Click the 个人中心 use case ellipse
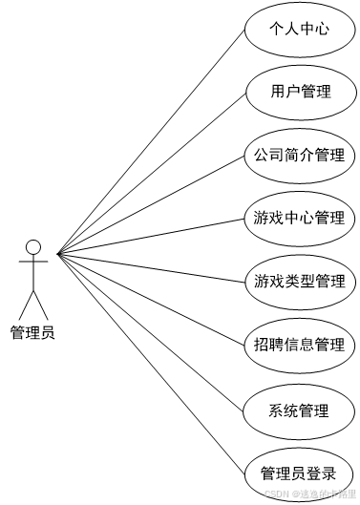pyautogui.click(x=300, y=29)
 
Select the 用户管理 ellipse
pyautogui.click(x=300, y=92)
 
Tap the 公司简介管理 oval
pyautogui.click(x=300, y=155)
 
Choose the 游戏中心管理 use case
pyautogui.click(x=300, y=219)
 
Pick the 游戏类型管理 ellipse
pyautogui.click(x=300, y=282)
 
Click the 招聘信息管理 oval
pyautogui.click(x=300, y=345)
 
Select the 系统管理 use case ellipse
pyautogui.click(x=300, y=410)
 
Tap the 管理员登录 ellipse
pyautogui.click(x=300, y=473)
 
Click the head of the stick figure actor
pyautogui.click(x=33, y=247)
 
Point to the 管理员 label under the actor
pyautogui.click(x=32, y=332)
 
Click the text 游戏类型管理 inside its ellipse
pyautogui.click(x=300, y=282)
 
